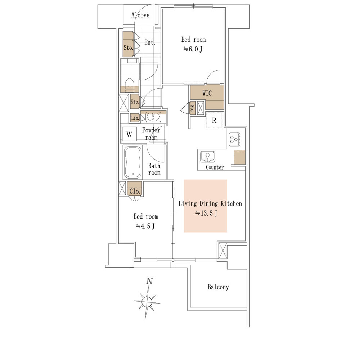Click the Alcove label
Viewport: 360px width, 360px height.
[140, 15]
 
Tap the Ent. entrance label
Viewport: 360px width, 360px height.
[150, 42]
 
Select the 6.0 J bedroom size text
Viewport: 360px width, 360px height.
[193, 49]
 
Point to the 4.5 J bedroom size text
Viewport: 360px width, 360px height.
[145, 226]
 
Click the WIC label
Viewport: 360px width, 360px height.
[207, 93]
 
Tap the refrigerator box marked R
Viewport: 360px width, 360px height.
[214, 120]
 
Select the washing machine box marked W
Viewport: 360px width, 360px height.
[129, 134]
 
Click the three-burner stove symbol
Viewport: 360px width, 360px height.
[234, 139]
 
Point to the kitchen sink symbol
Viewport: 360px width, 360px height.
[208, 157]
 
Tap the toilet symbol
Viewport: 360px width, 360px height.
[130, 85]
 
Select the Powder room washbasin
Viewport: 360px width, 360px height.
[153, 117]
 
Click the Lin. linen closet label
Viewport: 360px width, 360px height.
[135, 118]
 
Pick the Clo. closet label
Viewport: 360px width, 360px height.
[135, 191]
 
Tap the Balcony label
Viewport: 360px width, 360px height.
[218, 287]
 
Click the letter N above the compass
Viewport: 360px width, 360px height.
[150, 281]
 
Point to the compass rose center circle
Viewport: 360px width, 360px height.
[147, 301]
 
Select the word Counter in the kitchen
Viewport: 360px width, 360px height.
[215, 167]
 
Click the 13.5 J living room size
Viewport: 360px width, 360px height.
[206, 213]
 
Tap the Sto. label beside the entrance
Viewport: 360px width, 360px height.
[128, 48]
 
